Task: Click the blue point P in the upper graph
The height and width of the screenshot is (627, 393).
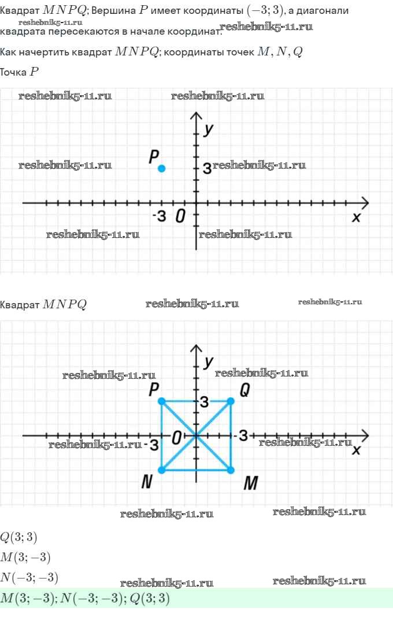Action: point(162,168)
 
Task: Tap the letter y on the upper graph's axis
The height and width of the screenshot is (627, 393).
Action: point(209,129)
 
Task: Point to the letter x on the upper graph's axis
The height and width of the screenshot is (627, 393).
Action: point(356,217)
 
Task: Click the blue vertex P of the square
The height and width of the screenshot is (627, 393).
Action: point(162,401)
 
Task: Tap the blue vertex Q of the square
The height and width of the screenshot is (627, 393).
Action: point(231,401)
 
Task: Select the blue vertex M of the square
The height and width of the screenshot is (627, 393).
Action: point(231,470)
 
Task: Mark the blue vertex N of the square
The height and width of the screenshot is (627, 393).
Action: point(162,470)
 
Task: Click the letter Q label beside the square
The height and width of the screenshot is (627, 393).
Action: point(244,391)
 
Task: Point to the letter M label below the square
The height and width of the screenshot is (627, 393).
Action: point(250,484)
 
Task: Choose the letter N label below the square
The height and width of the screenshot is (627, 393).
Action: point(147,483)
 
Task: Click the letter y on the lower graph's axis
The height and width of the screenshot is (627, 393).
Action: point(209,361)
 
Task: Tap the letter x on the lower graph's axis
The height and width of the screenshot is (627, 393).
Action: point(356,450)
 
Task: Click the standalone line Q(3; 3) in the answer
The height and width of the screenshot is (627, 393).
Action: point(19,538)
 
